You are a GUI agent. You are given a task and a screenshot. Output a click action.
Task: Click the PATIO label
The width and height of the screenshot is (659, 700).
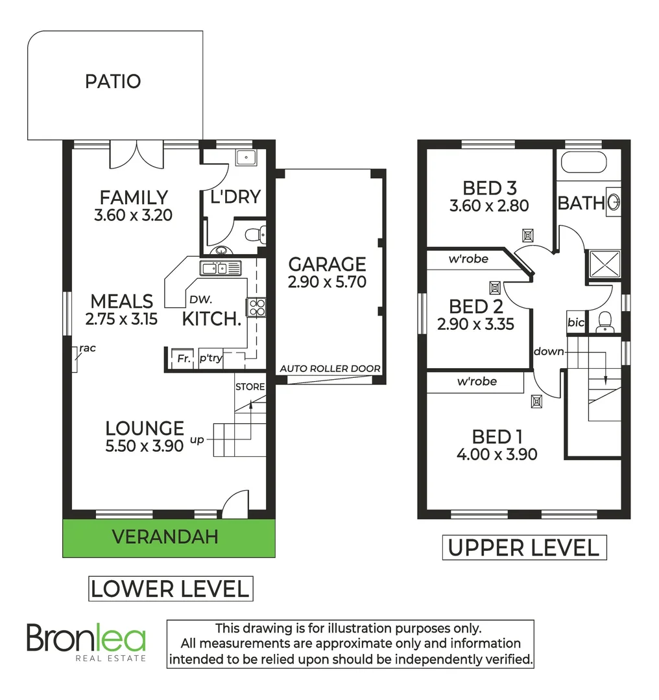tap(113, 82)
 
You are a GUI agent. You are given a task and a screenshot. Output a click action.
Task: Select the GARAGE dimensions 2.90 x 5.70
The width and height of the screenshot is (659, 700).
tap(327, 282)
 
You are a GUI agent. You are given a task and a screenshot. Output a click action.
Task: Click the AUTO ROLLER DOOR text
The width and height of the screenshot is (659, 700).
tap(329, 369)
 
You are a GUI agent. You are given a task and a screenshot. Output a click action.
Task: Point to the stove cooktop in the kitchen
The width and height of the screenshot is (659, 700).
tap(256, 307)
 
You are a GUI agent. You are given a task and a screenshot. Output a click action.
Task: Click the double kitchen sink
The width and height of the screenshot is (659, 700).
tap(220, 267)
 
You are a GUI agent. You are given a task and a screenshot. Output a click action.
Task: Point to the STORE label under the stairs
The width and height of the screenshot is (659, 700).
tap(250, 387)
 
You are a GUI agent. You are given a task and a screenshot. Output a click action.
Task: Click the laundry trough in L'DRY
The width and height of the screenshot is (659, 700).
tap(246, 157)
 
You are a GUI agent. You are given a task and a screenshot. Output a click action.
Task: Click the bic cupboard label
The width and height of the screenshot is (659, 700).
tap(575, 322)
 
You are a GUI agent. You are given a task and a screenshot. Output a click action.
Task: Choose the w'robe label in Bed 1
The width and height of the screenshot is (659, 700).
tap(477, 382)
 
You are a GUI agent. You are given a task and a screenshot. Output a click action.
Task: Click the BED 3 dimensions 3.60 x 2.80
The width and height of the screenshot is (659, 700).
tap(489, 206)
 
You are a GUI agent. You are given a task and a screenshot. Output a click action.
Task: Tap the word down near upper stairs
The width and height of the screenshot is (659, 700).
tap(548, 351)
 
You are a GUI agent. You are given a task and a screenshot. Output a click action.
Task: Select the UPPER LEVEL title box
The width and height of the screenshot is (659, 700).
tap(523, 548)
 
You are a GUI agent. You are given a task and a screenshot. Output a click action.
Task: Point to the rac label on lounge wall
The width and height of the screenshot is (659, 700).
tap(87, 349)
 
